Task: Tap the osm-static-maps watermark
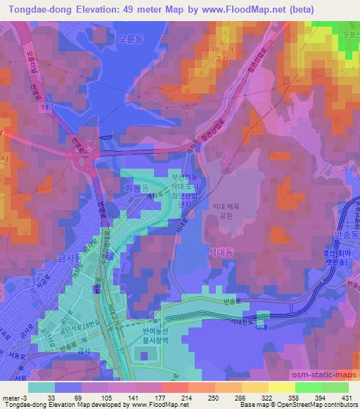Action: point(330,372)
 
